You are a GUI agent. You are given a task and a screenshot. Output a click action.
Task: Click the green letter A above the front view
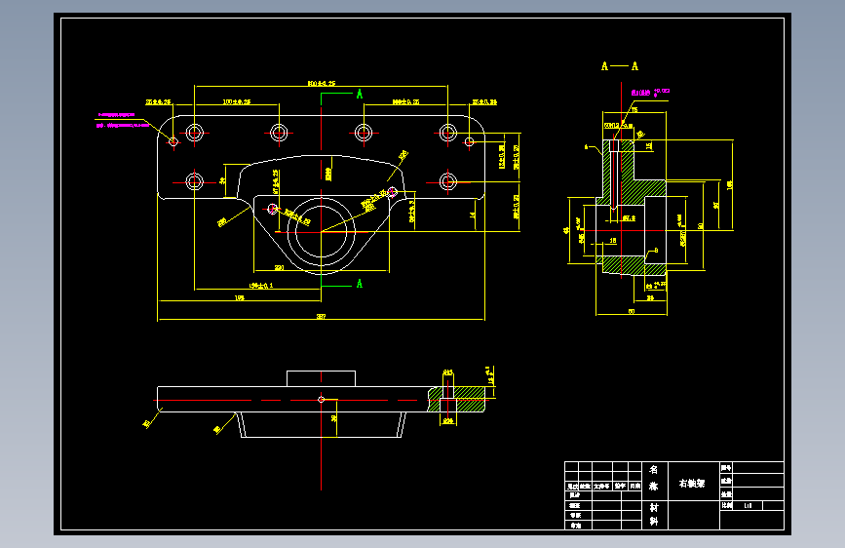(x=360, y=95)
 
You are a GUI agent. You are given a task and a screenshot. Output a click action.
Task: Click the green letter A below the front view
(x=360, y=284)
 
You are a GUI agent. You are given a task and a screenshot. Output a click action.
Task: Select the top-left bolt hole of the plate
(x=195, y=131)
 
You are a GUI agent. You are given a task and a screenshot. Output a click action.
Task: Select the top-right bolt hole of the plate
(x=447, y=131)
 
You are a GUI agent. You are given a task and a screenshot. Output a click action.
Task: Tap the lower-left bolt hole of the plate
(x=195, y=181)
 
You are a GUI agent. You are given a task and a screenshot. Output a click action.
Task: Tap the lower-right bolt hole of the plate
(x=447, y=181)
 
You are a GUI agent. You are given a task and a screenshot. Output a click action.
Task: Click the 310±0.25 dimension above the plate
(x=321, y=84)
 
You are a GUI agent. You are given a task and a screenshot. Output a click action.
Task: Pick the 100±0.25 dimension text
(x=237, y=100)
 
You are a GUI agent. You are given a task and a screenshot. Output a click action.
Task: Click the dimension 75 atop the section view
(x=634, y=110)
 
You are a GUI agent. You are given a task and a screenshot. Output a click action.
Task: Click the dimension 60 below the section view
(x=631, y=311)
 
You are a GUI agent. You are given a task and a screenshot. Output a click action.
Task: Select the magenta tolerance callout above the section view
(x=650, y=92)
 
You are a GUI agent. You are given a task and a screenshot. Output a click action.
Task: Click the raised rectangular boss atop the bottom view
(x=321, y=378)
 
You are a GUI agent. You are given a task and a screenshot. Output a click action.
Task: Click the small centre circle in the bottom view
(x=321, y=399)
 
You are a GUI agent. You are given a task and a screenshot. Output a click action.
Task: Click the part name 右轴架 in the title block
(x=692, y=484)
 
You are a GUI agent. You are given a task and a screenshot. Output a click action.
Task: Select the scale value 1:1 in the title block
(x=748, y=505)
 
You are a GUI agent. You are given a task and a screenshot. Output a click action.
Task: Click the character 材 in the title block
(x=653, y=507)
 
